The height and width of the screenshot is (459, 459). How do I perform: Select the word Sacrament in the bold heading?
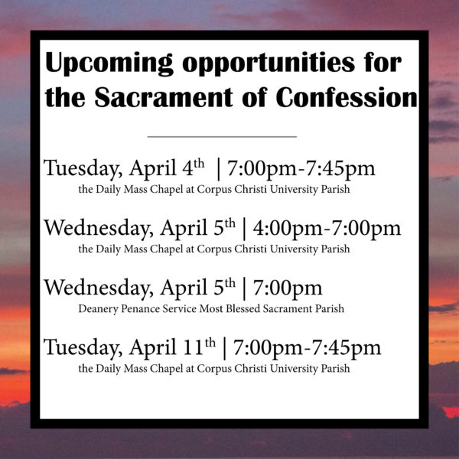point(164,97)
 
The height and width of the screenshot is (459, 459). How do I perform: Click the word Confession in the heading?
point(347,97)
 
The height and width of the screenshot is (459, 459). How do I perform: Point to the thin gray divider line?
point(222,136)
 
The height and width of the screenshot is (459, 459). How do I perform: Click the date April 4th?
point(167,168)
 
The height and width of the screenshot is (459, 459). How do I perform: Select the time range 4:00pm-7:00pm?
point(327,228)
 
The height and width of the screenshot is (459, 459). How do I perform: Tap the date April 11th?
point(172,347)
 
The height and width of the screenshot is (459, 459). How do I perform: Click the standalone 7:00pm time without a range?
point(288,288)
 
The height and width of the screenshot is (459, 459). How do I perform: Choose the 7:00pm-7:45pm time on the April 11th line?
point(307,348)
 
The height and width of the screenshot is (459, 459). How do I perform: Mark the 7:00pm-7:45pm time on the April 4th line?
point(301,169)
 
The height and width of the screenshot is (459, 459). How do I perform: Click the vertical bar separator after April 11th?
point(224,348)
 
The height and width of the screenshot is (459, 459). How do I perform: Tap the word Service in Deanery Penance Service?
point(180,308)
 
